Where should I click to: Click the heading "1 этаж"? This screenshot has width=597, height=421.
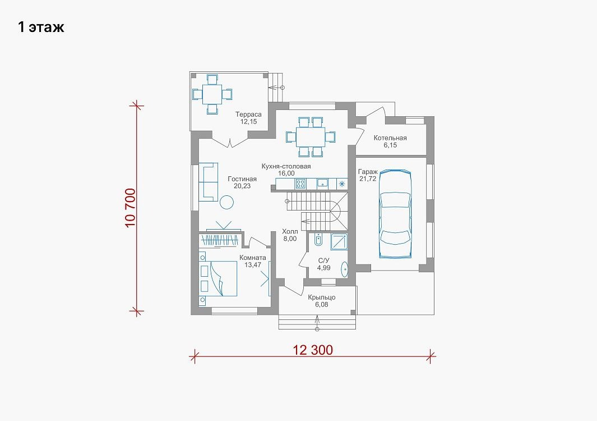click(x=41, y=27)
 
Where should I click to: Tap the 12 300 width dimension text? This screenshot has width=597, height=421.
click(x=313, y=350)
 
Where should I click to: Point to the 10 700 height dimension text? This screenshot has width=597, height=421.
click(x=130, y=208)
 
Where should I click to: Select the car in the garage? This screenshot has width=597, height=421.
click(x=396, y=214)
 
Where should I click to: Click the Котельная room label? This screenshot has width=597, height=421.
click(x=390, y=138)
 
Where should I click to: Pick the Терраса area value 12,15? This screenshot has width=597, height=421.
click(x=248, y=122)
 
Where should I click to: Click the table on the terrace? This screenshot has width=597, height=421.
click(x=212, y=94)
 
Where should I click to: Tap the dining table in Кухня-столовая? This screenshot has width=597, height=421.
click(x=311, y=137)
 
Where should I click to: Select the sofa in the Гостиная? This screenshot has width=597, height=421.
click(x=209, y=182)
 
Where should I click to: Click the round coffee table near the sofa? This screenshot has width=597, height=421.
click(x=227, y=202)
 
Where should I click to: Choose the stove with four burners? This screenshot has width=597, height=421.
click(x=300, y=184)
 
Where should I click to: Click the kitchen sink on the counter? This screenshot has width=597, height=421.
click(x=323, y=184)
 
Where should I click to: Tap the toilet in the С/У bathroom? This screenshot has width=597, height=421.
click(x=318, y=240)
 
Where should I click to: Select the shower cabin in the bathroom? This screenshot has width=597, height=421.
click(x=339, y=241)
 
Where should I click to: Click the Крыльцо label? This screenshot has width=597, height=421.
click(x=322, y=298)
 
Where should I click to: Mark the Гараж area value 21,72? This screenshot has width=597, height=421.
click(x=367, y=179)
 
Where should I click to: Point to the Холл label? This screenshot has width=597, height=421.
click(x=290, y=231)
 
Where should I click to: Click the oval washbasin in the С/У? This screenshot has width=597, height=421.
click(x=345, y=269)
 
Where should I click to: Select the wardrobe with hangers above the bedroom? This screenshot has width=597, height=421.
click(x=220, y=240)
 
